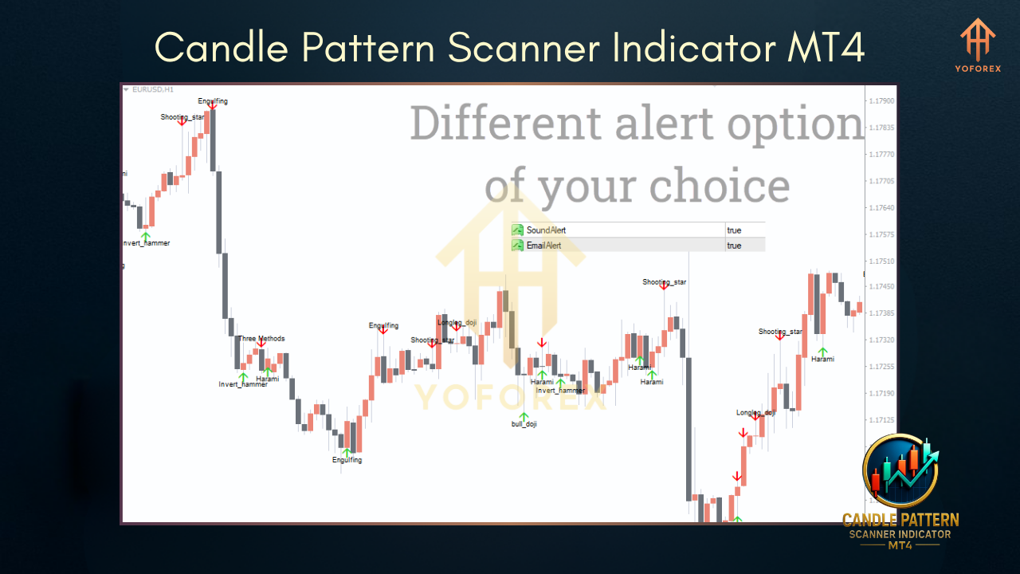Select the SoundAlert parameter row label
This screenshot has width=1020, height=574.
[x=546, y=230]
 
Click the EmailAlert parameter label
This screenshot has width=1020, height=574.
[x=543, y=246]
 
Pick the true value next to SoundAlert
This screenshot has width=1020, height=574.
[x=734, y=230]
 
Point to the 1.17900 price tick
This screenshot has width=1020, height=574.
[x=881, y=101]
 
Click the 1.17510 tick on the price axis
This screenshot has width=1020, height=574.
[x=881, y=261]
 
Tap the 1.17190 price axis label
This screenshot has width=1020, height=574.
[x=881, y=393]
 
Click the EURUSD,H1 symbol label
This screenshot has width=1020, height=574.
[x=152, y=90]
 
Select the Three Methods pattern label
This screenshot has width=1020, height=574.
[x=261, y=339]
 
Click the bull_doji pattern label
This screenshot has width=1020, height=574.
[x=524, y=424]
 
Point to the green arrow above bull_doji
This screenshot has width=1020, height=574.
[x=524, y=416]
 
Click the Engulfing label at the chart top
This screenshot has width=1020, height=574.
[x=213, y=101]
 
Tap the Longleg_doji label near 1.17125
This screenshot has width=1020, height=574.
[x=755, y=413]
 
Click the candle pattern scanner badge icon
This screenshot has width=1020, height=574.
[x=900, y=470]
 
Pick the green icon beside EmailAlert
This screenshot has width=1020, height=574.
[x=517, y=246]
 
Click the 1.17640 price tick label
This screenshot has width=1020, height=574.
[x=881, y=208]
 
